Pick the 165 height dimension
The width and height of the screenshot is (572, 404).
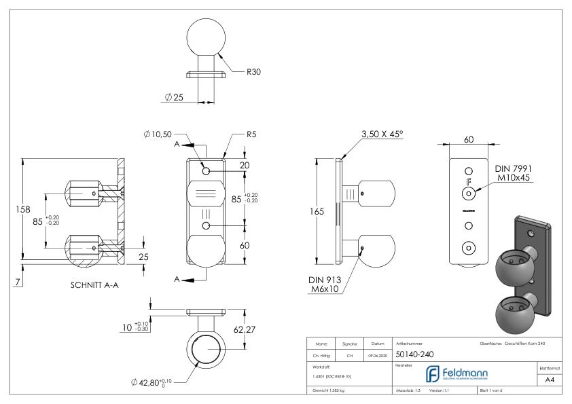tap(306, 211)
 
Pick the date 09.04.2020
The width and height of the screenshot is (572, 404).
tap(378, 354)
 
